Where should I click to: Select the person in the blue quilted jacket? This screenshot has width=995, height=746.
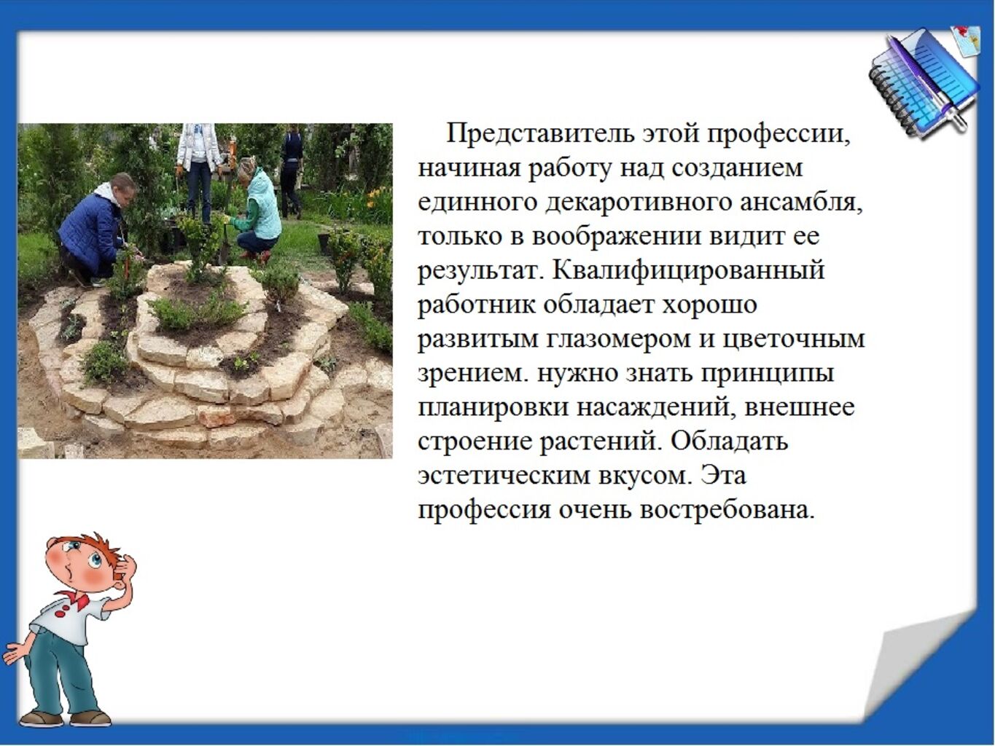coord(95,229)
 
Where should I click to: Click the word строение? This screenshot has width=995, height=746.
coord(475,441)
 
